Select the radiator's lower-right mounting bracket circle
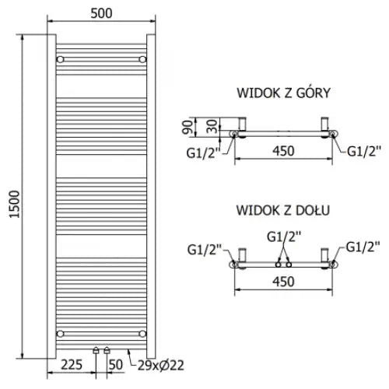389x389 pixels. click(141, 332)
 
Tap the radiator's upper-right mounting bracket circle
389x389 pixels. click(141, 59)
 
